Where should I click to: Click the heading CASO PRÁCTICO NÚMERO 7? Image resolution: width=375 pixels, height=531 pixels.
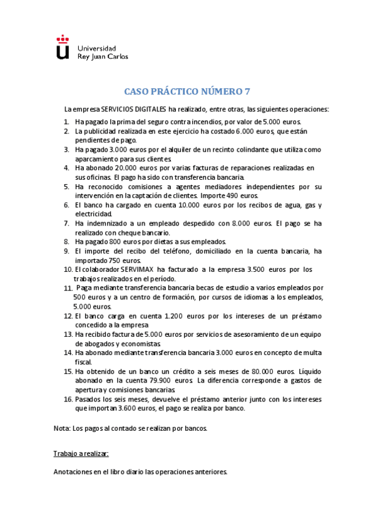point(187,91)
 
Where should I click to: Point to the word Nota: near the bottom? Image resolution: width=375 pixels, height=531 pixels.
point(63,429)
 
